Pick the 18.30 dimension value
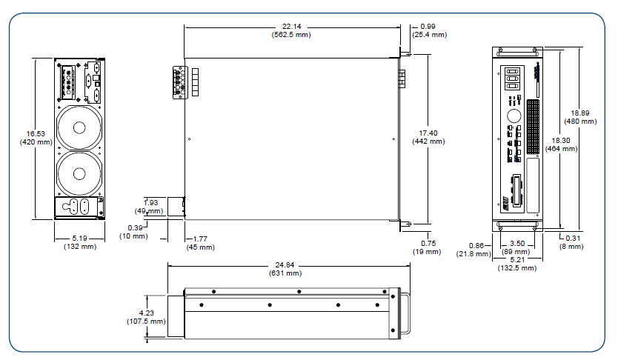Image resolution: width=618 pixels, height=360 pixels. [560, 140]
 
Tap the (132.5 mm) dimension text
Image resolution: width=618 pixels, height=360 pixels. [516, 268]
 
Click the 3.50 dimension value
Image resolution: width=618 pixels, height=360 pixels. [516, 243]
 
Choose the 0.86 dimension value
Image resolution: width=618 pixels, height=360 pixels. [479, 244]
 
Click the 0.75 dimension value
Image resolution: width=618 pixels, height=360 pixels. [428, 243]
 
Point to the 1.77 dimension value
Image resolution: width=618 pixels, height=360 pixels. [199, 239]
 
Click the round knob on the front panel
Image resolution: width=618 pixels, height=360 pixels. [514, 116]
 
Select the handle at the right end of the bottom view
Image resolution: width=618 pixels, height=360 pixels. [407, 313]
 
